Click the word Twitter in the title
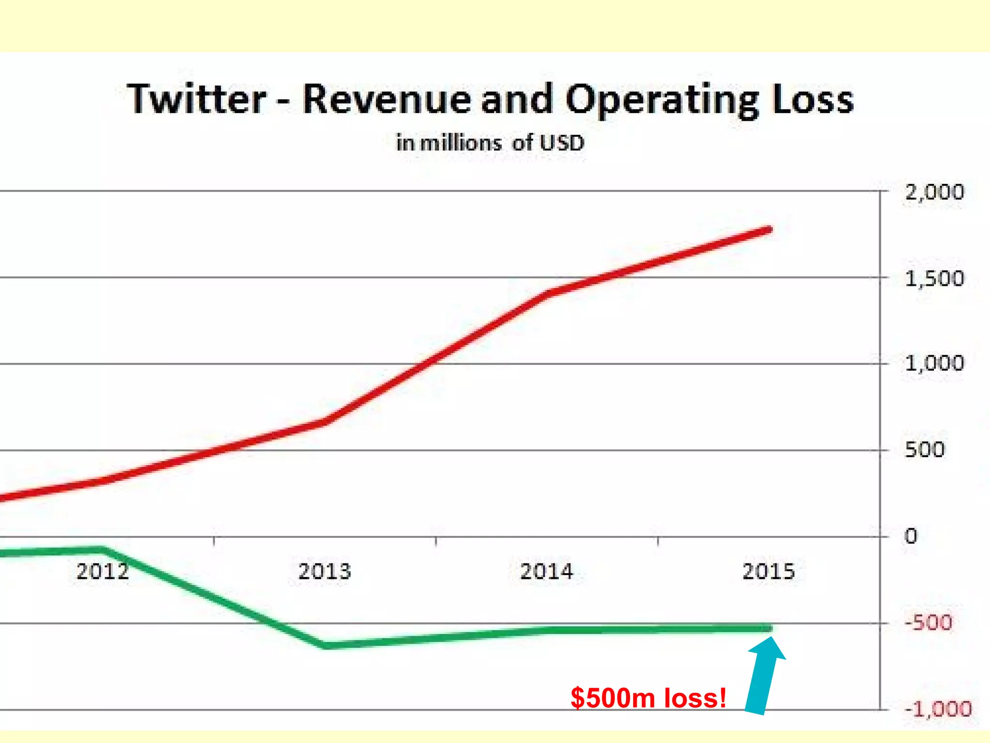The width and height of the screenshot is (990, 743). coord(196,99)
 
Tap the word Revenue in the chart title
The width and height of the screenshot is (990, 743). coord(387,99)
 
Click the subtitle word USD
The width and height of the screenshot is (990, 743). coord(562,143)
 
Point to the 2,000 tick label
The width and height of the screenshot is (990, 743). coord(934,193)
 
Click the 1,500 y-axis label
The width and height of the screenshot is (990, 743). coord(934,279)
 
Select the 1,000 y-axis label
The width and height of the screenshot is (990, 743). coord(934,363)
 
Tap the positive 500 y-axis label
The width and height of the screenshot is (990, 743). coord(924,450)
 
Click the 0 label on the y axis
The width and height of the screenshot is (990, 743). coord(911,536)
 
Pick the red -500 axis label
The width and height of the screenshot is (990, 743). coord(928,623)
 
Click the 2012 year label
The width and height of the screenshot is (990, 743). coord(102,571)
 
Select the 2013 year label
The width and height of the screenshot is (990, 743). coord(324,571)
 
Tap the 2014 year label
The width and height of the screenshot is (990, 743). coord(546,571)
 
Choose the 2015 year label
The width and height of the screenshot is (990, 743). coord(768,571)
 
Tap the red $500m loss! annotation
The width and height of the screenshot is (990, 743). coord(648,698)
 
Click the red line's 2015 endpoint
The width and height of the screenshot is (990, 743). coord(770,230)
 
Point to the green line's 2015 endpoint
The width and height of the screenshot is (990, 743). coord(770,628)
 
